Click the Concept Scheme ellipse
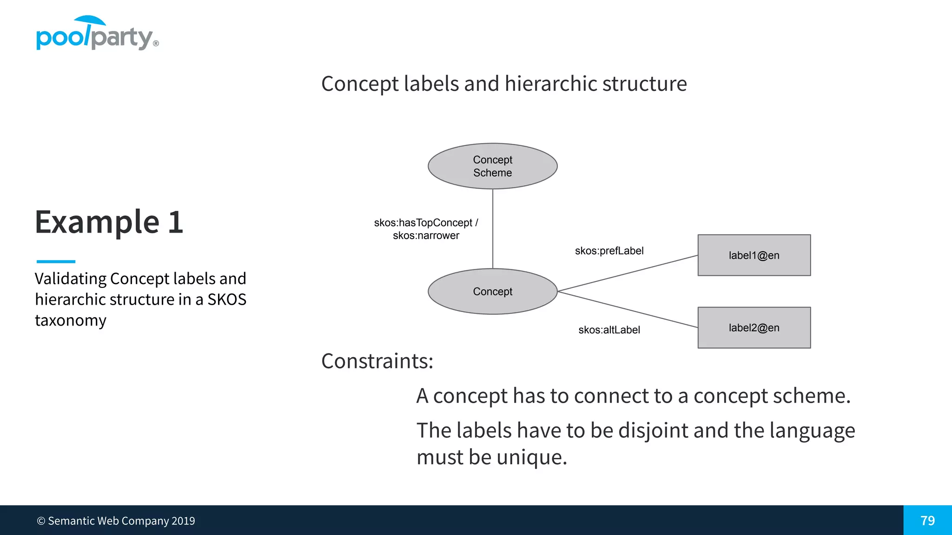(x=492, y=166)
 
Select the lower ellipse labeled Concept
(x=492, y=291)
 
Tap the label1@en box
(x=754, y=255)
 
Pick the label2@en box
(x=754, y=327)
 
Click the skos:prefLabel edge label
(x=609, y=251)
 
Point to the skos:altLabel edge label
(x=609, y=330)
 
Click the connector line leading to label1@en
(x=628, y=273)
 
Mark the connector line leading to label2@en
(x=628, y=309)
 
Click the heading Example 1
(x=109, y=222)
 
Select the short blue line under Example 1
(x=56, y=261)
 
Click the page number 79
(x=927, y=521)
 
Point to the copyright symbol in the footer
(x=41, y=521)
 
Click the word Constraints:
(x=377, y=361)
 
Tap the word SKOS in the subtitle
(x=227, y=300)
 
